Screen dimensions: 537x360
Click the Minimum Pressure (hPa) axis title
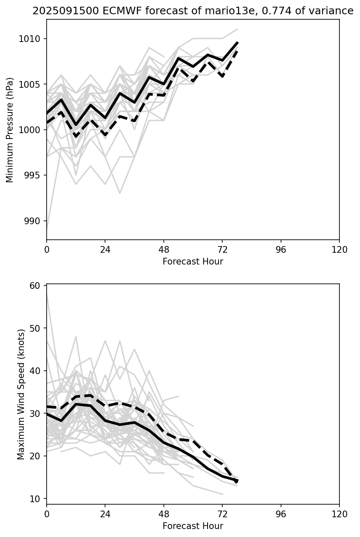10,130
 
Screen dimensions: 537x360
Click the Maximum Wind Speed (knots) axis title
21,394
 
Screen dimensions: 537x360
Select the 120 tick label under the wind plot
339,514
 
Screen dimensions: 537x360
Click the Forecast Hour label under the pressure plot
193,262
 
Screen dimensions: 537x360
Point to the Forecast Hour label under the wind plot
193,526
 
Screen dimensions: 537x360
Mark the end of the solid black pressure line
238,42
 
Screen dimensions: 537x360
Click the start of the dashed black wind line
47,406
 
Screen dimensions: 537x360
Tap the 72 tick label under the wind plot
222,514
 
